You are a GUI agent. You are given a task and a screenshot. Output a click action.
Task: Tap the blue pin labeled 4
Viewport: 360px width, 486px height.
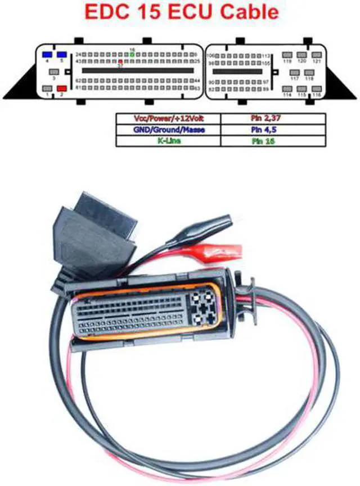[x=47, y=55]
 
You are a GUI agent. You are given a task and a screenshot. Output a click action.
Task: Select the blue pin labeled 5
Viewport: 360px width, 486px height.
[x=61, y=55]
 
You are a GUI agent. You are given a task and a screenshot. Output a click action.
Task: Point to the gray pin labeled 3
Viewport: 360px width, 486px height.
[x=53, y=73]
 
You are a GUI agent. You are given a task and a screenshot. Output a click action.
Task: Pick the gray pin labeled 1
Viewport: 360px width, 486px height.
[x=47, y=88]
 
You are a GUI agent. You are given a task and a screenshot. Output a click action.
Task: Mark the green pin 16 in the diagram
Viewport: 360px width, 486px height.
[x=132, y=55]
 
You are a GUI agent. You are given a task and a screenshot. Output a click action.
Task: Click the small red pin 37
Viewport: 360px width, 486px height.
[x=120, y=61]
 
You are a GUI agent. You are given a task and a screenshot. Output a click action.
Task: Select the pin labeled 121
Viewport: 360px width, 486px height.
[x=317, y=55]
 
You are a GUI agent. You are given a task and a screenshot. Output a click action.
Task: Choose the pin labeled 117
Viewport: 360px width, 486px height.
[x=294, y=73]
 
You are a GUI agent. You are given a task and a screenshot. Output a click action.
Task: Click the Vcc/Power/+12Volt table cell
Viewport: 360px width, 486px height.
[x=168, y=119]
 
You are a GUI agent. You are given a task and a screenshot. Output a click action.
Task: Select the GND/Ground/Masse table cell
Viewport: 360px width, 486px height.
[x=168, y=130]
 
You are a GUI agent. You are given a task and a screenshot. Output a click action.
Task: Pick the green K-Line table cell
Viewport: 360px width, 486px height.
[x=168, y=141]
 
